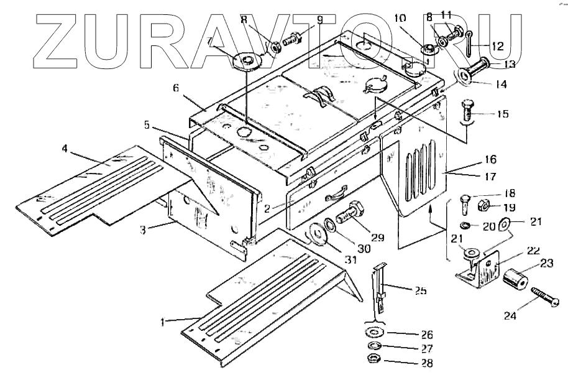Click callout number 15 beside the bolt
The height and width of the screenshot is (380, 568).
point(503,114)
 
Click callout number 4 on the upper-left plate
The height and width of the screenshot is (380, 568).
point(65,148)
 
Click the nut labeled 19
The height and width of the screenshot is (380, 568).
point(484,205)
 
